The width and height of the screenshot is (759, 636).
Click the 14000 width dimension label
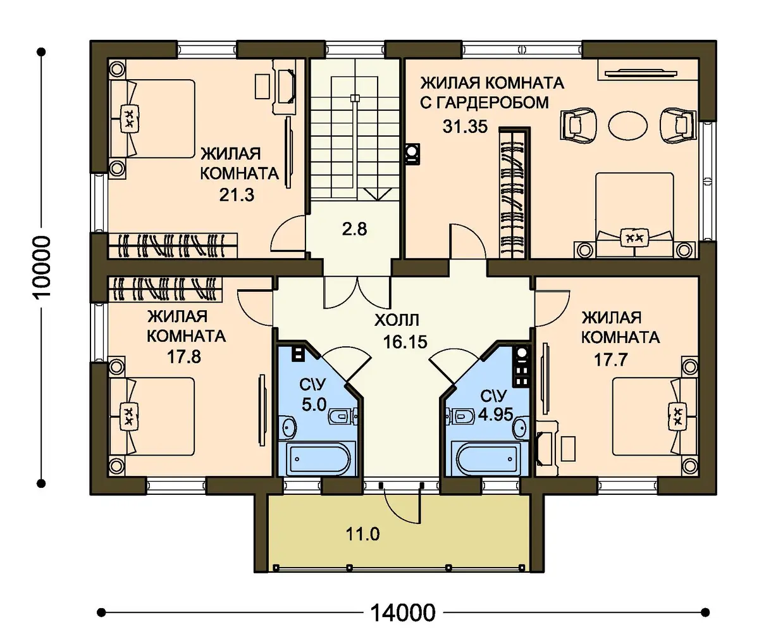click(x=403, y=613)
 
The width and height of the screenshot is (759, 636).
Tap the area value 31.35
click(x=465, y=127)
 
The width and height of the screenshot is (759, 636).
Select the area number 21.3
click(x=237, y=196)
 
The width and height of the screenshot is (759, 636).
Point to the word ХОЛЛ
click(x=397, y=321)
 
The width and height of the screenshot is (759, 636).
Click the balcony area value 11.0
click(x=363, y=535)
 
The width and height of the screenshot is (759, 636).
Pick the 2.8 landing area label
click(x=354, y=230)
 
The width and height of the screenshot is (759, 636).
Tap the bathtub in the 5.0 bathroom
click(x=317, y=459)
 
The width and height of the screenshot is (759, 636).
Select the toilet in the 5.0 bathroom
click(x=342, y=416)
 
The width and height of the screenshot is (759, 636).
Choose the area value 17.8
click(x=184, y=357)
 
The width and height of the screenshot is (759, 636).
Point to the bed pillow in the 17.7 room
click(x=677, y=416)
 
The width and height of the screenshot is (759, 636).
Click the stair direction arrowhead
click(x=378, y=195)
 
